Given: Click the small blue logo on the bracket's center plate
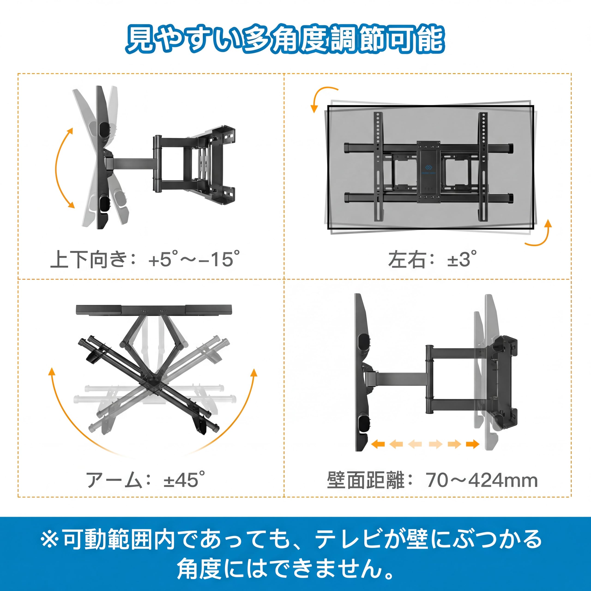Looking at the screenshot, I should (x=428, y=167).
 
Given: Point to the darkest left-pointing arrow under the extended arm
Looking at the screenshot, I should (x=378, y=444).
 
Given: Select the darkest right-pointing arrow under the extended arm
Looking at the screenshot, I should (x=473, y=444).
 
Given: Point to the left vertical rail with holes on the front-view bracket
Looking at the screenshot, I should (x=378, y=167).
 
